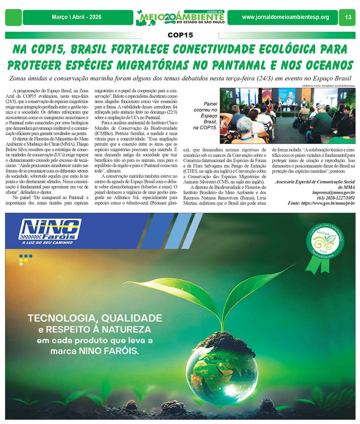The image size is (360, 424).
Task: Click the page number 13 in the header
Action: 348,17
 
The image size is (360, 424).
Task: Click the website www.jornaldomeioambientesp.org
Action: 285,17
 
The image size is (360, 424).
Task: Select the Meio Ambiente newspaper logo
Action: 180,17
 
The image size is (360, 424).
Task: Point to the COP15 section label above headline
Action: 180,35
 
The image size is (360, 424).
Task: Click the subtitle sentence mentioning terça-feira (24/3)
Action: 180,79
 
